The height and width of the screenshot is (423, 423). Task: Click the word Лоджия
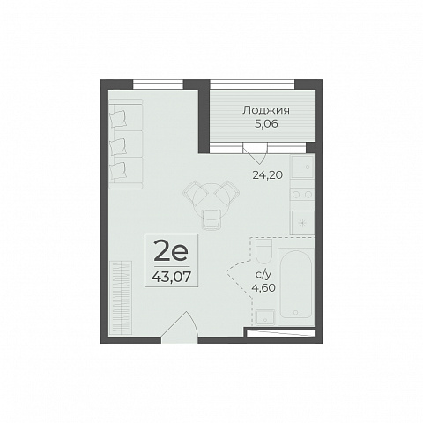(266, 110)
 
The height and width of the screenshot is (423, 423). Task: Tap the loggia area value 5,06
(266, 124)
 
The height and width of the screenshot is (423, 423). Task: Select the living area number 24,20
(268, 175)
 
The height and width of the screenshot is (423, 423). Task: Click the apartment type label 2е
(171, 250)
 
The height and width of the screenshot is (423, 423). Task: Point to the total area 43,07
(171, 277)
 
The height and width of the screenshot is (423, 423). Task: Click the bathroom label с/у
(263, 275)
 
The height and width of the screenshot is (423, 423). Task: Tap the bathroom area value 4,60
(263, 287)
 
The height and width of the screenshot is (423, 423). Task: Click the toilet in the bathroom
(263, 251)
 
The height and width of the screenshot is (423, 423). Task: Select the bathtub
(296, 284)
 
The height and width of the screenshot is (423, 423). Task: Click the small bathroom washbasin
(265, 317)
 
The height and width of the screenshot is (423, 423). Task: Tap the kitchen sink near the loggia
(302, 167)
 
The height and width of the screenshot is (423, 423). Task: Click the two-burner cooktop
(302, 194)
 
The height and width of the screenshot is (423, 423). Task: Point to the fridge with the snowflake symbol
(302, 222)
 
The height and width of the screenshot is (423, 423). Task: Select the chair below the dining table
(211, 219)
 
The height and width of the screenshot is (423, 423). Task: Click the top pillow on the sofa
(118, 119)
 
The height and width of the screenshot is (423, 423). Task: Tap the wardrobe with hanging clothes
(121, 297)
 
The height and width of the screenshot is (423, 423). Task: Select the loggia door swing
(256, 153)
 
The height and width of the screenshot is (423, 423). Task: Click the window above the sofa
(158, 85)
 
